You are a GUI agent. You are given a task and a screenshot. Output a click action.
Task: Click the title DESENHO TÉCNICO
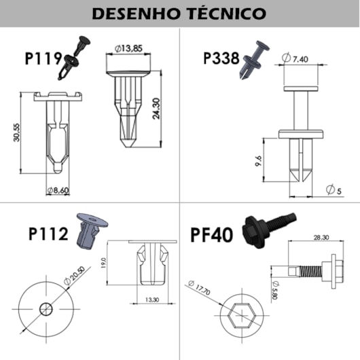coord(180,14)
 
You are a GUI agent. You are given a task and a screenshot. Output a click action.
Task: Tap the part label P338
coord(221,58)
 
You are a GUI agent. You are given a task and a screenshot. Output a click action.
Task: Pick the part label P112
coord(48,234)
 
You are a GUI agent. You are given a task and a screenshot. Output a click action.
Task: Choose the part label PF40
coord(212,236)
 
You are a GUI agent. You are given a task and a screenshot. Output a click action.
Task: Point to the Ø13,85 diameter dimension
coord(128,48)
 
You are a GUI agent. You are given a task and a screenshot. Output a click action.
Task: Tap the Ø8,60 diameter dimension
coord(59,191)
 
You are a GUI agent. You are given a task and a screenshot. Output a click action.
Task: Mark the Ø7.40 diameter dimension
coord(297,59)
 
